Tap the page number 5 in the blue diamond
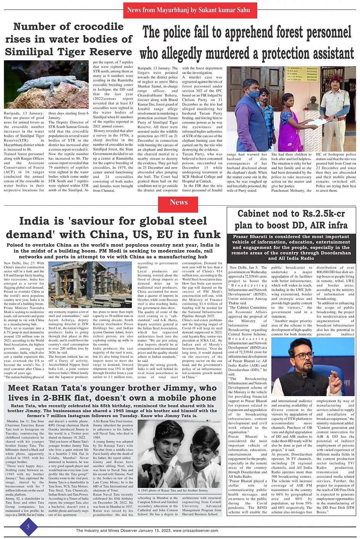coord(28,527)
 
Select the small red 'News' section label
coord(178,203)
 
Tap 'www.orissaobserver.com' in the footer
coord(195,531)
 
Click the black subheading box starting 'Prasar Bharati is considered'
coord(291,248)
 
